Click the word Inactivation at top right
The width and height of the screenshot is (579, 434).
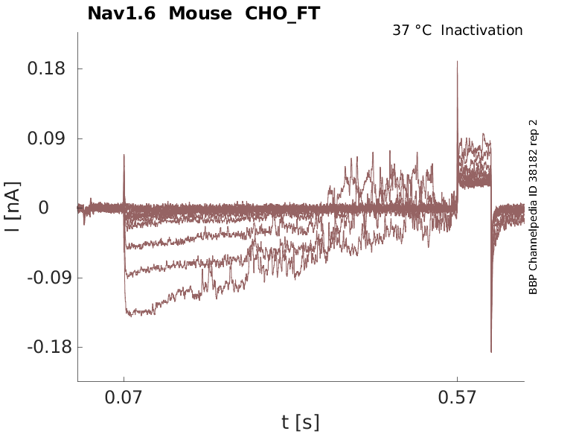pyautogui.click(x=482, y=31)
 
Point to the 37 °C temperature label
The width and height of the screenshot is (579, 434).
pyautogui.click(x=412, y=31)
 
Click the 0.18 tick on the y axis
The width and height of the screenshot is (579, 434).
pyautogui.click(x=46, y=69)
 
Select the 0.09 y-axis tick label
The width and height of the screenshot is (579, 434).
pyautogui.click(x=46, y=138)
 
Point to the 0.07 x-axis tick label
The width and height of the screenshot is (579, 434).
pyautogui.click(x=124, y=398)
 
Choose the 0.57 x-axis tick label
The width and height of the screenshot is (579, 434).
pyautogui.click(x=457, y=398)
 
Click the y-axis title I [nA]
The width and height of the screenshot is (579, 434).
pyautogui.click(x=13, y=208)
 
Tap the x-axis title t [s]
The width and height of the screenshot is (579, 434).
pyautogui.click(x=301, y=423)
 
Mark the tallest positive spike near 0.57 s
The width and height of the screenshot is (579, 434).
pyautogui.click(x=457, y=62)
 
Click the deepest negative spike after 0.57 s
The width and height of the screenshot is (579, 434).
pyautogui.click(x=491, y=351)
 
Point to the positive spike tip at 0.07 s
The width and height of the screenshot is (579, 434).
pyautogui.click(x=124, y=155)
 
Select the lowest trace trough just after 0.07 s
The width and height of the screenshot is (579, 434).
pyautogui.click(x=130, y=315)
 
